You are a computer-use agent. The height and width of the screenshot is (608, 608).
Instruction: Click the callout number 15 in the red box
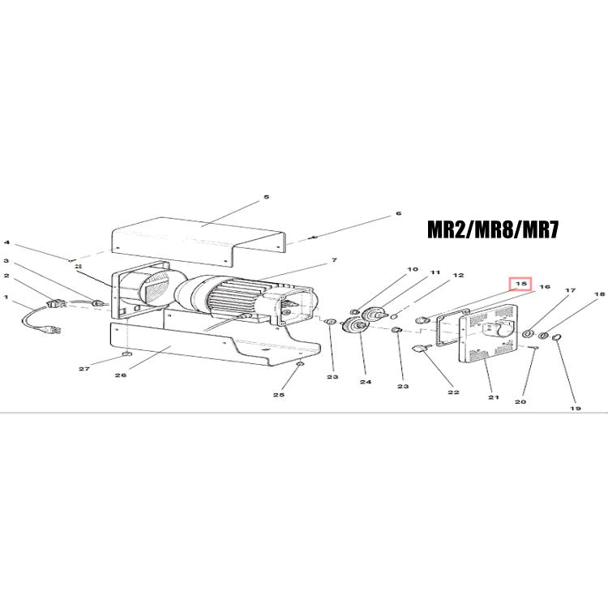pos(520,284)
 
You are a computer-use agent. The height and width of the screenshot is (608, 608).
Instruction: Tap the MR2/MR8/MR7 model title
pos(493,229)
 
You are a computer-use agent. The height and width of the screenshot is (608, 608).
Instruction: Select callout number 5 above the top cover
pos(267,197)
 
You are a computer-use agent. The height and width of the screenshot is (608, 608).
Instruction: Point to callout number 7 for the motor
pos(334,260)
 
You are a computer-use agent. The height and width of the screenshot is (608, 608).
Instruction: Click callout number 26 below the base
pos(121,375)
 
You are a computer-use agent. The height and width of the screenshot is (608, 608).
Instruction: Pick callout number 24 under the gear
pos(366,382)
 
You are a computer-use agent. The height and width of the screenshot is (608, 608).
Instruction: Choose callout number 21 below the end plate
pos(493,397)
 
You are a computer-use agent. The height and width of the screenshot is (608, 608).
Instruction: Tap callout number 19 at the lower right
pos(576,408)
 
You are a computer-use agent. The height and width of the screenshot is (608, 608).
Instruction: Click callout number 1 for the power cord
pos(6,297)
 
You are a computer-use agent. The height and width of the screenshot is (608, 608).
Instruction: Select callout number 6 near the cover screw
pos(398,213)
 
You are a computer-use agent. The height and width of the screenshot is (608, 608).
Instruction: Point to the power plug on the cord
pos(54,331)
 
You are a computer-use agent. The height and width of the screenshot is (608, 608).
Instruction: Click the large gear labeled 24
pos(355,324)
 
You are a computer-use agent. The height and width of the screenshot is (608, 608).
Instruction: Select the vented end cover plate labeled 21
pos(488,333)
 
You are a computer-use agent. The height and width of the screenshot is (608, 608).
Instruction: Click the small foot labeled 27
pos(126,353)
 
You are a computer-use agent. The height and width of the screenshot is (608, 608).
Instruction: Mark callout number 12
pos(458,275)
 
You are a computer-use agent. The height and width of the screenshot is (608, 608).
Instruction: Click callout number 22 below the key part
pos(453,392)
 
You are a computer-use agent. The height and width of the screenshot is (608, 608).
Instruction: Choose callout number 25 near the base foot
pos(278,394)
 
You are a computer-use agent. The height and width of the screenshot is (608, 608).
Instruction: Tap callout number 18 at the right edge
pos(599,294)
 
